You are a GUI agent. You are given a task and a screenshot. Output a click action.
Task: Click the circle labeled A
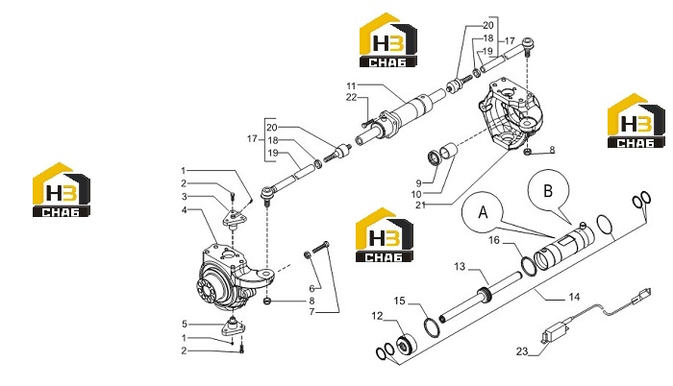pos(483,212)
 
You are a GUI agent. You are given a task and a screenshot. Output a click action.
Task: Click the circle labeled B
pos(548,190)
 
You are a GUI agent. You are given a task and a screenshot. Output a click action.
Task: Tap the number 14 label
pos(574,297)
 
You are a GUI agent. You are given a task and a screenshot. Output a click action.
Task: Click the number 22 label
pos(352,98)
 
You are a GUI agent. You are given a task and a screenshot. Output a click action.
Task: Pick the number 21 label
pos(421,205)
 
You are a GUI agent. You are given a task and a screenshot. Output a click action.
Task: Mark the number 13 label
pos(460,267)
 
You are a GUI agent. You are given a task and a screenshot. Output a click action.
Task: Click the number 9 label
pos(418,183)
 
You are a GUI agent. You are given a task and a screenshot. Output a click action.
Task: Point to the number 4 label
pos(185,210)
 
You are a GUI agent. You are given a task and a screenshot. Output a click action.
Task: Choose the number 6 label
pos(312,288)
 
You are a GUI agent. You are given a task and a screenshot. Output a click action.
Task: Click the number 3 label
pos(185,197)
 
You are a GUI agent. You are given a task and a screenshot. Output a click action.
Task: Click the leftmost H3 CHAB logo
pos(62,189)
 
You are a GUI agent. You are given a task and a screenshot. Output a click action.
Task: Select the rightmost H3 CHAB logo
pos(636,121)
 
